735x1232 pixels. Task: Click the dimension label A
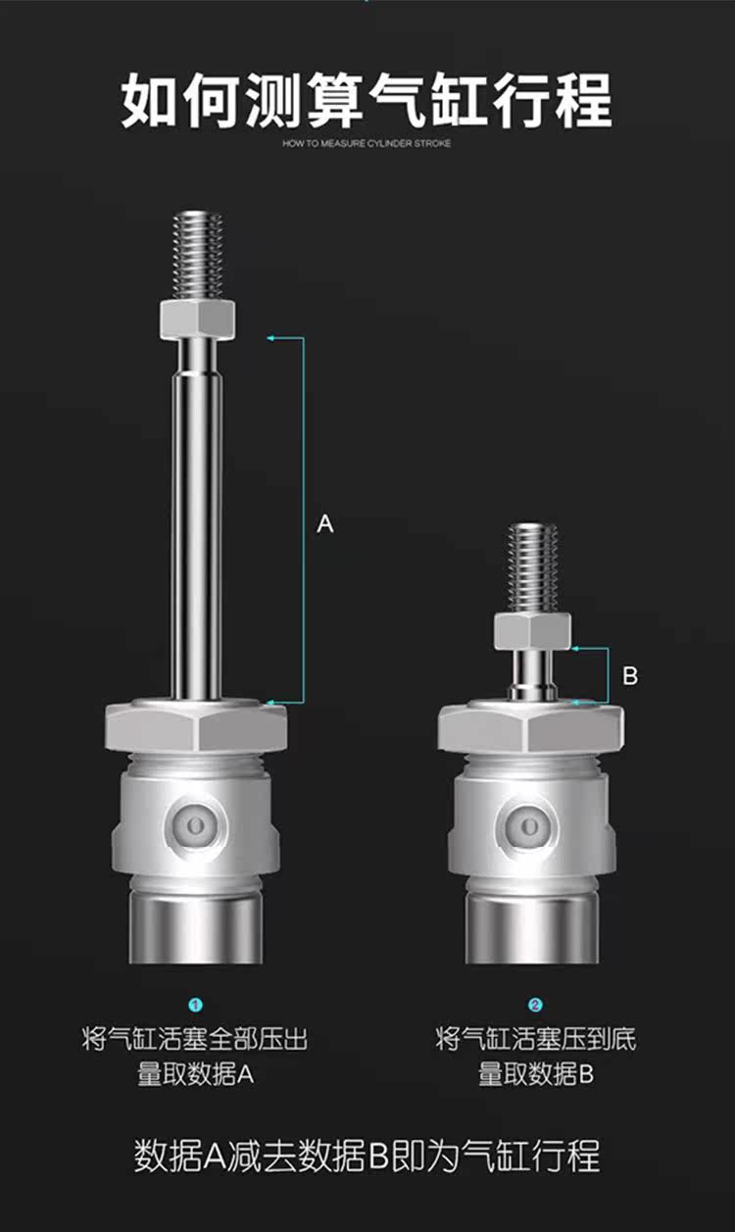(x=325, y=523)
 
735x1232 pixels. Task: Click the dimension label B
(x=630, y=675)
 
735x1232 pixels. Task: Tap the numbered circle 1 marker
(x=196, y=1005)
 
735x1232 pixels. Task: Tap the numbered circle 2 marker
(x=535, y=1005)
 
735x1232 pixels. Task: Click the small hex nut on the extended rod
(x=197, y=319)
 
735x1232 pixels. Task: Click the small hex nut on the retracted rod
(x=532, y=631)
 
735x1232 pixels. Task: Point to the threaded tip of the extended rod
(x=198, y=256)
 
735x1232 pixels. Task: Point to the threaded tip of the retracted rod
(x=532, y=568)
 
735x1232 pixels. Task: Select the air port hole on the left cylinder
(x=196, y=825)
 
